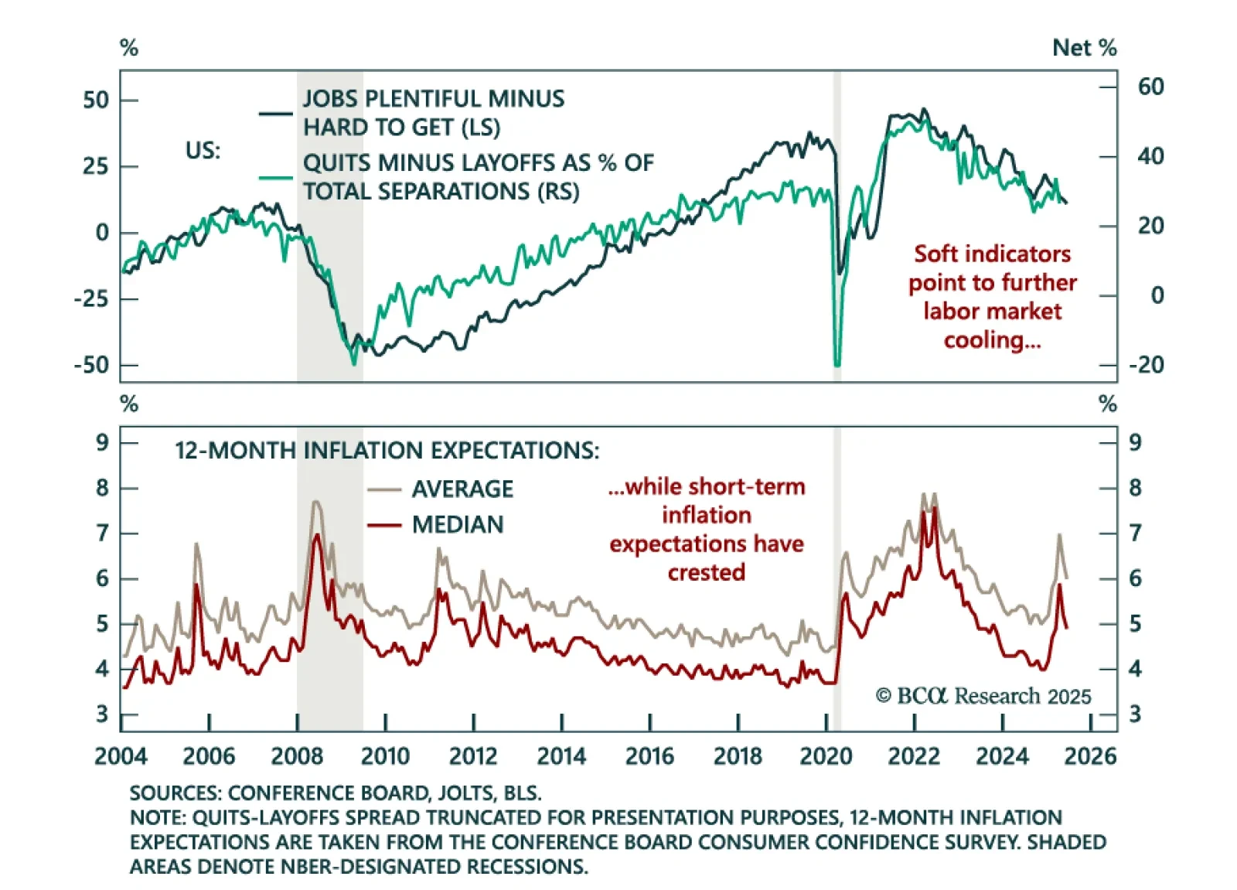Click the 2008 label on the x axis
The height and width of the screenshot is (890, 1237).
pyautogui.click(x=297, y=755)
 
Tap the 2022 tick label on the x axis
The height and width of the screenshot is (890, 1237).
pyautogui.click(x=914, y=755)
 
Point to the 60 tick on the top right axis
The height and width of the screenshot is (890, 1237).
pyautogui.click(x=1150, y=86)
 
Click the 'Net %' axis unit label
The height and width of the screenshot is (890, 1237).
pyautogui.click(x=1084, y=48)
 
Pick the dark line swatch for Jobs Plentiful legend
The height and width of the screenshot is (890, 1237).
pyautogui.click(x=276, y=114)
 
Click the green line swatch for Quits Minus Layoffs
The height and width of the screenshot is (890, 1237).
pyautogui.click(x=276, y=178)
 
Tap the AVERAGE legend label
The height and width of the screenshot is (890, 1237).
pyautogui.click(x=462, y=489)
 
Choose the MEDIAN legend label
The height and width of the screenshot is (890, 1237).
pyautogui.click(x=458, y=524)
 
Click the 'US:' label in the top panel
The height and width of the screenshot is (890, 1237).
pyautogui.click(x=203, y=150)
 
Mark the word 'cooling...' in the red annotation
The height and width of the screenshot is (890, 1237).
pyautogui.click(x=992, y=339)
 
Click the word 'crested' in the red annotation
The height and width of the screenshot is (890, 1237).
pyautogui.click(x=706, y=572)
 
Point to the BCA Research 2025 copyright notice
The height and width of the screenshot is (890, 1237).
pyautogui.click(x=983, y=696)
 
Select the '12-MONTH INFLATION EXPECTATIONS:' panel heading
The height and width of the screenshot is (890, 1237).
pyautogui.click(x=387, y=450)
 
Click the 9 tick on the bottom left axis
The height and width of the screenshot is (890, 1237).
pyautogui.click(x=102, y=442)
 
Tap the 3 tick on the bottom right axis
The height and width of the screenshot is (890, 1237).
pyautogui.click(x=1134, y=714)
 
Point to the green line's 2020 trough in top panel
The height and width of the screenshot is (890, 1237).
pyautogui.click(x=837, y=364)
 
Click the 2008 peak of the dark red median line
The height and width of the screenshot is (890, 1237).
pyautogui.click(x=316, y=535)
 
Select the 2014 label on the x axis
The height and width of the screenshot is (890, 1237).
pyautogui.click(x=561, y=755)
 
